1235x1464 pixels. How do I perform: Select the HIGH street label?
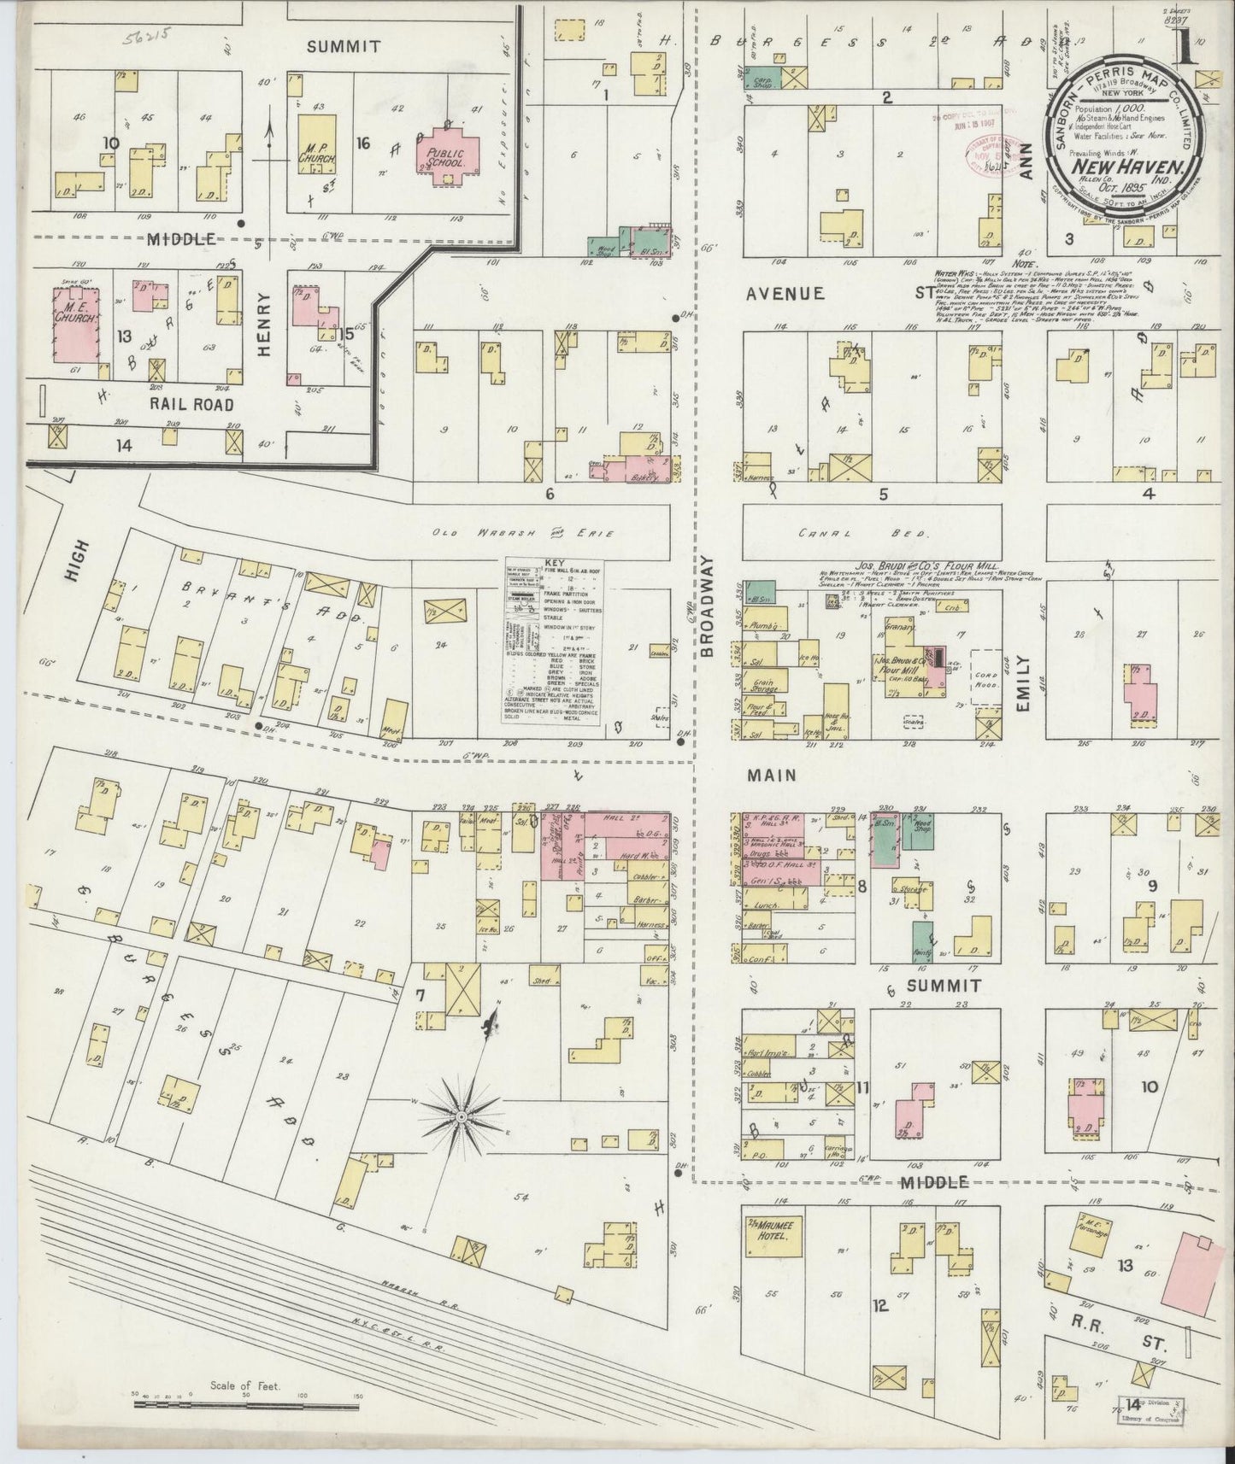71,588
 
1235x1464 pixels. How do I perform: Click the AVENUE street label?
785,293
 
